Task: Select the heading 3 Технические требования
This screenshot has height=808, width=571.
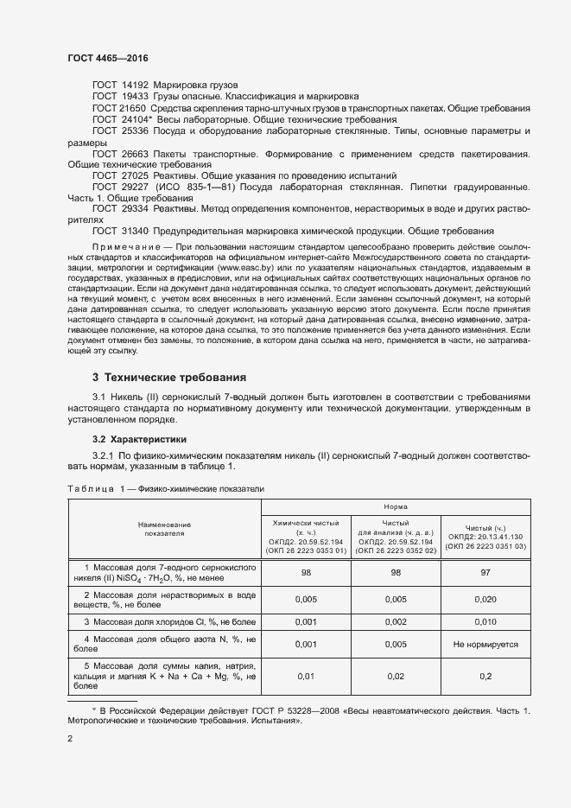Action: tap(169, 378)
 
